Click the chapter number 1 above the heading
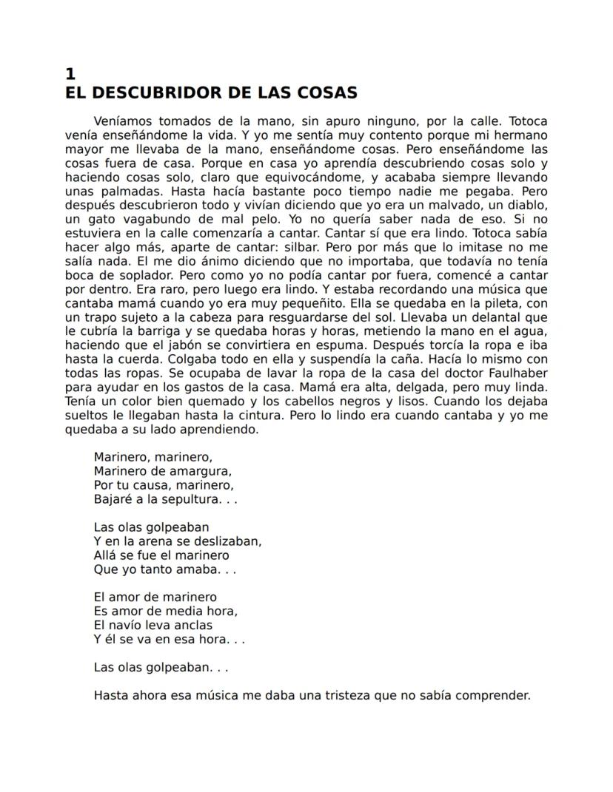70,74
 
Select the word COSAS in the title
328,93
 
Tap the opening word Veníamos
124,121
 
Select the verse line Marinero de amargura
163,471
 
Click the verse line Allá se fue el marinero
161,555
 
